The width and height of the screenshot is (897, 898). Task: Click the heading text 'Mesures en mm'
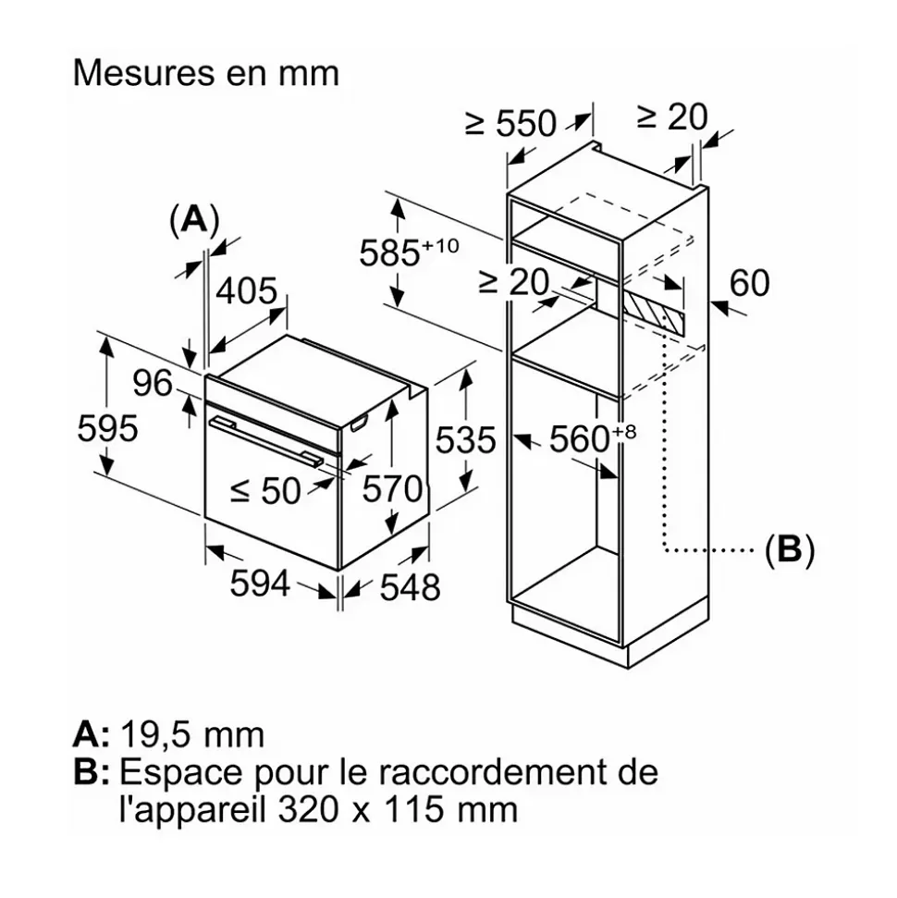(206, 73)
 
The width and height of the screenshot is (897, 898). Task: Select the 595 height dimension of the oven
(107, 429)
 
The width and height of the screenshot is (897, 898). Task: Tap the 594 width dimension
(260, 584)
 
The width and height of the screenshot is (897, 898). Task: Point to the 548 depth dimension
(410, 586)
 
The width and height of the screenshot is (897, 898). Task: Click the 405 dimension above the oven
(246, 291)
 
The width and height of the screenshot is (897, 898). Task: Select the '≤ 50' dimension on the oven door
(265, 491)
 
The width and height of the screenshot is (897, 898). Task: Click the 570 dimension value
(392, 488)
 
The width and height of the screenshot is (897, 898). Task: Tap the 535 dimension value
(467, 440)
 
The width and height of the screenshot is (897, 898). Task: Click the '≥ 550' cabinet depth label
(510, 123)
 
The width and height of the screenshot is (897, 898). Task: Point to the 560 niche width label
(583, 439)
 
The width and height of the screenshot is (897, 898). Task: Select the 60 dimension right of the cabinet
(749, 283)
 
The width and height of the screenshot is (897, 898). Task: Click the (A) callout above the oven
(194, 219)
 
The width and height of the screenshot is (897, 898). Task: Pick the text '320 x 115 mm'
(397, 810)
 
